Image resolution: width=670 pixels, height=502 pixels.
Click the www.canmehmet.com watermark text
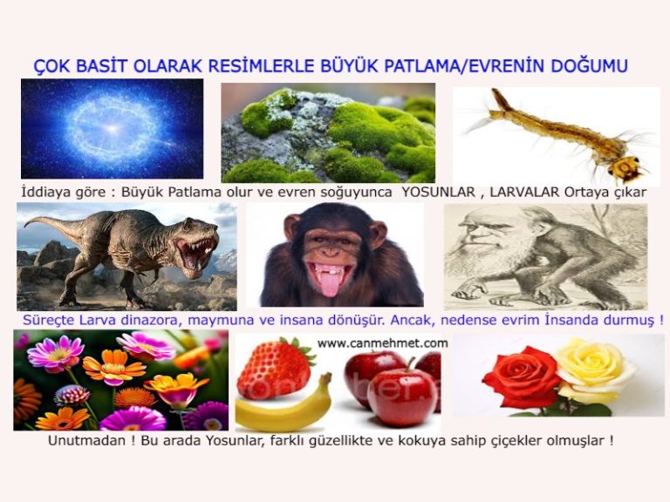pyautogui.click(x=382, y=343)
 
